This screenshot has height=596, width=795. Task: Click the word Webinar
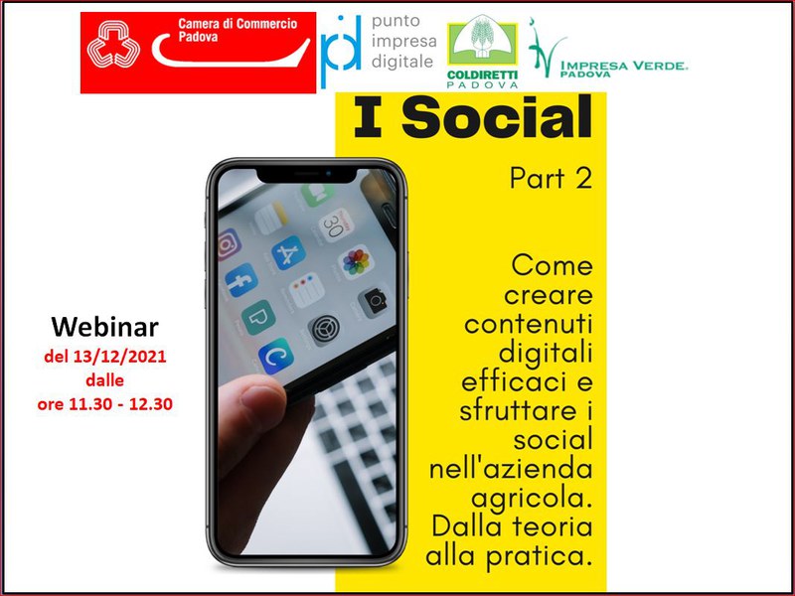104,327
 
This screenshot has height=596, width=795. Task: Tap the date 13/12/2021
119,357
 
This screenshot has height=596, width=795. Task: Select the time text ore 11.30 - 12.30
105,404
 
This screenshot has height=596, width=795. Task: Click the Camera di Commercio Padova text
238,30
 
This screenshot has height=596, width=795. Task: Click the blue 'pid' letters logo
341,51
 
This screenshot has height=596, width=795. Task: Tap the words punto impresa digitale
403,42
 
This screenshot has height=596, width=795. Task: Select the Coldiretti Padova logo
482,52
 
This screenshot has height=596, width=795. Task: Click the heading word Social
496,117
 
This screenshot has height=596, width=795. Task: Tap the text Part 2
551,178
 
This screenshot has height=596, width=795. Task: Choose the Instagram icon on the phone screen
230,244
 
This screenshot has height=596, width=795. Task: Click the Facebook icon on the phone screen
241,280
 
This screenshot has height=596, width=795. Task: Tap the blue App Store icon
288,253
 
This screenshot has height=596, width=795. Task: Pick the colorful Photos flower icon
356,262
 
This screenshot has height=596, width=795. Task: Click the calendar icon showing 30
336,224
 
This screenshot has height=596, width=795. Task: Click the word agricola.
532,499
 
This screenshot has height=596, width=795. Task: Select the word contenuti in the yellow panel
529,325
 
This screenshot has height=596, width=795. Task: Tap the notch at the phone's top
307,175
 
